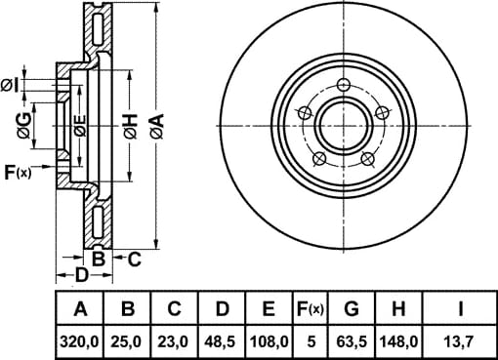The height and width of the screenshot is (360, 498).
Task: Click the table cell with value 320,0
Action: pyautogui.click(x=79, y=341)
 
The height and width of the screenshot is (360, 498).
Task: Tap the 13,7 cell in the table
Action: pyautogui.click(x=461, y=341)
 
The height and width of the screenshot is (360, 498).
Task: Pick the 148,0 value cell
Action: pyautogui.click(x=398, y=341)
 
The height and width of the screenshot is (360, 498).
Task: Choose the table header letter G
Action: pyautogui.click(x=352, y=308)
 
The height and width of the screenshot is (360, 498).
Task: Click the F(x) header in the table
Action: pyautogui.click(x=311, y=308)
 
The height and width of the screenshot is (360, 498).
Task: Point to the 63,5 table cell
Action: pyautogui.click(x=352, y=341)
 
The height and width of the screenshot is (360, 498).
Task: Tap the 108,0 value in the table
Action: pyautogui.click(x=269, y=341)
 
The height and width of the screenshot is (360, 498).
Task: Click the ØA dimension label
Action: pyautogui.click(x=157, y=127)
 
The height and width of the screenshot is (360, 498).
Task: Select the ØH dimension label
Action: pyautogui.click(x=131, y=127)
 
